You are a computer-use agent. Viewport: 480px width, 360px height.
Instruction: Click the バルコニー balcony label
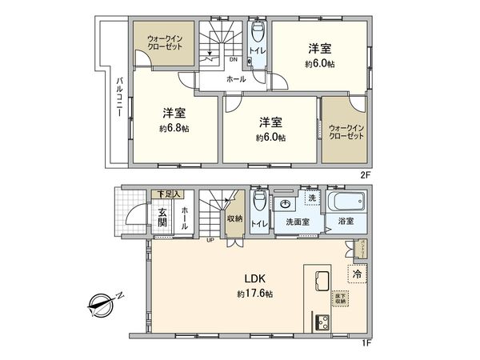(118, 97)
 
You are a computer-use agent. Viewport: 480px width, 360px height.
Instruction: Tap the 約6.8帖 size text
(174, 129)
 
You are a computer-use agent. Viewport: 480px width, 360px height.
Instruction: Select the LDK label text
(255, 278)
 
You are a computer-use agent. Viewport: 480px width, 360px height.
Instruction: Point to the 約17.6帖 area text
(255, 294)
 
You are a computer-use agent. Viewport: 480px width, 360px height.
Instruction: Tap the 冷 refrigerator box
(357, 274)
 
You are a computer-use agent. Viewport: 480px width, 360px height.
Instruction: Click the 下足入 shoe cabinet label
(168, 194)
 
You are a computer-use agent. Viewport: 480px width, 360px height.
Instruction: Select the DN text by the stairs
(234, 58)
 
